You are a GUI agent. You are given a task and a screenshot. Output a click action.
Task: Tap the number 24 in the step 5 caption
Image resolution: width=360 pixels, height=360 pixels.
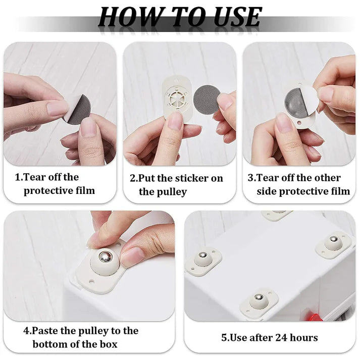pos(280,337)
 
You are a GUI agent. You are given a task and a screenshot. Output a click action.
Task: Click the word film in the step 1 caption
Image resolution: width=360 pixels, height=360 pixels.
pos(84,191)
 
